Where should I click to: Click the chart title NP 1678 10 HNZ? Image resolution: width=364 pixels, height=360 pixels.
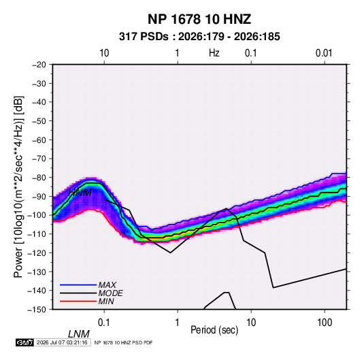coord(199,19)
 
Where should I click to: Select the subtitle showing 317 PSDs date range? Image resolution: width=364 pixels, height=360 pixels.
coord(199,37)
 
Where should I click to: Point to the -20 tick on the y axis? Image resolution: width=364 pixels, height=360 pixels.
coord(39,65)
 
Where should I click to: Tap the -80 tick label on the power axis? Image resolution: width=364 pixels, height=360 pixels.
coord(39,178)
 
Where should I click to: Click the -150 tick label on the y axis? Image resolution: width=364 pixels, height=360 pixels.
coord(37,310)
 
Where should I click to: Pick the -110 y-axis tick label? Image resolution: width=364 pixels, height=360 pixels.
coord(37,234)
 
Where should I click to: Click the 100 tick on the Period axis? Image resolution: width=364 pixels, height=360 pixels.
coord(325,323)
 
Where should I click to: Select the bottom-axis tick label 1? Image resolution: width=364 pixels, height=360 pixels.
coord(178,323)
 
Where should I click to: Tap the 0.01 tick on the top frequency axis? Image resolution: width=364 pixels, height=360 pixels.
coord(324,53)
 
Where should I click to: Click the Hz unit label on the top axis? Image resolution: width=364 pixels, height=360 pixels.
coord(214,53)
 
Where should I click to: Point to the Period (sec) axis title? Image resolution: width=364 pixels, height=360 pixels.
coord(214,330)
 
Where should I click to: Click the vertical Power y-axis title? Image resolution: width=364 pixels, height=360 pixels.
coord(18,186)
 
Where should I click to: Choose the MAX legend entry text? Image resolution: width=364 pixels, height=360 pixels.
coord(107,284)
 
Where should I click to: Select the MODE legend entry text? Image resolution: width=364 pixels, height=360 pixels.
coord(110,293)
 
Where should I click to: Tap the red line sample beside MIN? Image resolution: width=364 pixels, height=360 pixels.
coord(78,301)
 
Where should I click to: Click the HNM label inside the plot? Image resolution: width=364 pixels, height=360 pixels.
coord(80,193)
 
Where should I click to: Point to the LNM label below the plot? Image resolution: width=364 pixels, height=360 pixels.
coord(79,334)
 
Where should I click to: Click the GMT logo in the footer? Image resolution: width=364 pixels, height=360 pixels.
coord(25,342)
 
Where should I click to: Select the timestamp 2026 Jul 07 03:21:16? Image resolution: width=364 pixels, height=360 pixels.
coord(62,342)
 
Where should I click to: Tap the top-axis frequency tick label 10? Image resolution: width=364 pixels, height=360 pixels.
coord(104,53)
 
